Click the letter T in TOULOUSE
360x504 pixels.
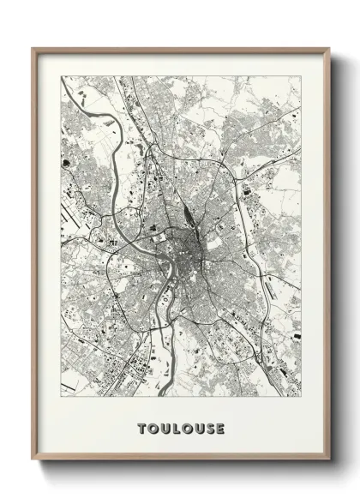(141, 428)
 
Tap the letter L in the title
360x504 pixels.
(175, 428)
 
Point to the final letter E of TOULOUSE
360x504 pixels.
(220, 428)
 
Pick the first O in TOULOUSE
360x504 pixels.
(152, 428)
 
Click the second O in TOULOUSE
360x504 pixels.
(186, 428)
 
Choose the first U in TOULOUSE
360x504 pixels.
(164, 428)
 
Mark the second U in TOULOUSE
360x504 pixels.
(197, 428)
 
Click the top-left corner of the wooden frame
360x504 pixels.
(33, 48)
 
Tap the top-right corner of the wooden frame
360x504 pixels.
(329, 48)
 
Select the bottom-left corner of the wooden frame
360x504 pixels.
(33, 462)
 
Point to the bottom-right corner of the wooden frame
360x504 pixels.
(329, 462)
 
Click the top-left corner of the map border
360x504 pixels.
(61, 76)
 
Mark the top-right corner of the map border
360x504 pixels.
(301, 76)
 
